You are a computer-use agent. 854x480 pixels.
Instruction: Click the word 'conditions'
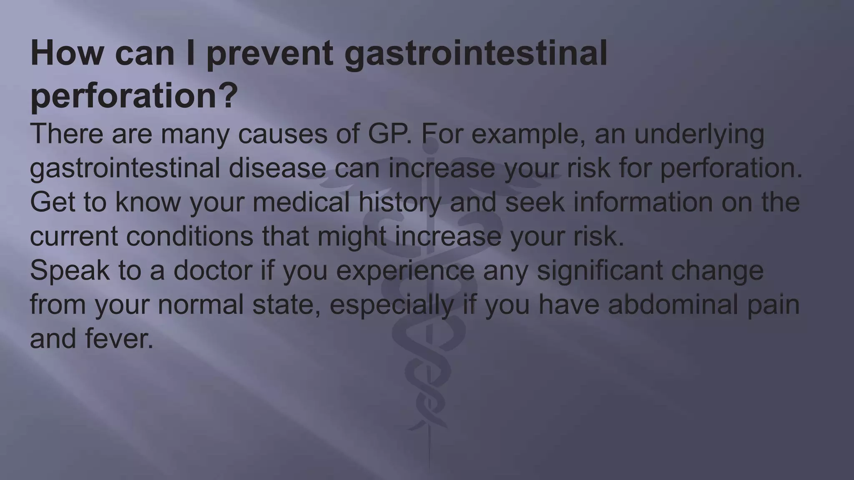click(189, 236)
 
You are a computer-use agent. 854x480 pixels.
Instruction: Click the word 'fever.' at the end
click(119, 339)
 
